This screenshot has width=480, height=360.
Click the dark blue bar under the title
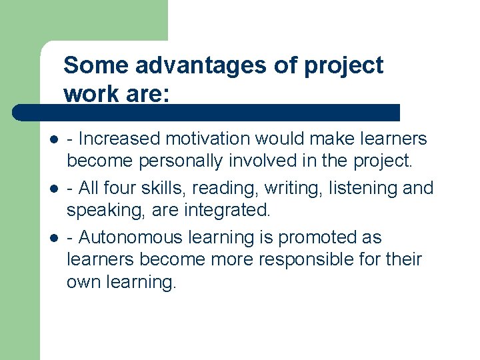[x=207, y=112]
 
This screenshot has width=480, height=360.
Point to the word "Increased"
[x=119, y=139]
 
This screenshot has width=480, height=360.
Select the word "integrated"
[x=226, y=211]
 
